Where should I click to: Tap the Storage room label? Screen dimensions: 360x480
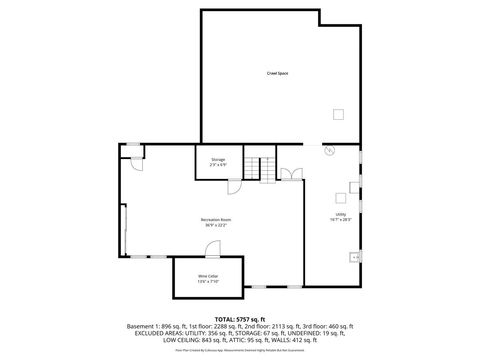(217, 159)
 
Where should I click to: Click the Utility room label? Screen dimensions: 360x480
(340, 213)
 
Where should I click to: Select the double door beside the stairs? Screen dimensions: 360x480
(287, 175)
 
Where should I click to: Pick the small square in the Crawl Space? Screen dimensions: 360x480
(340, 113)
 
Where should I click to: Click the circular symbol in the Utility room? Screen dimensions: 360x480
(330, 152)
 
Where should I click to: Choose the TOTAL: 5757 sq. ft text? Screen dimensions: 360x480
(241, 318)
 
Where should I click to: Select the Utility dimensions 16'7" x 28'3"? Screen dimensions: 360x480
(340, 219)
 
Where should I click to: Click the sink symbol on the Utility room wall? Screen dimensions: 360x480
(353, 257)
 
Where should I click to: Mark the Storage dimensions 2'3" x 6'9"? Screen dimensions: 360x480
(217, 165)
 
